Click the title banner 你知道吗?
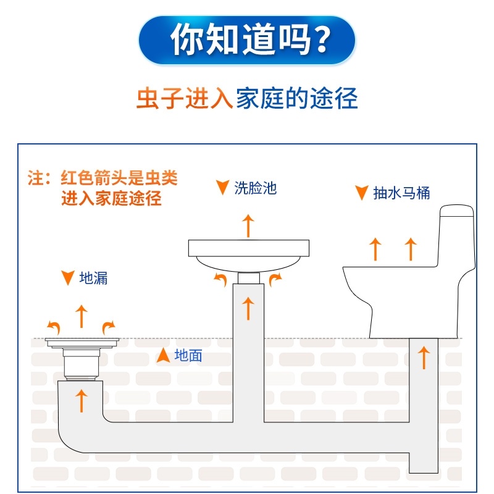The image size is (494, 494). [x=247, y=41]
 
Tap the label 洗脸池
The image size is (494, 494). [x=255, y=188]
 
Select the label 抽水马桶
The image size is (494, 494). [x=401, y=193]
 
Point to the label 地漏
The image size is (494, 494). [x=94, y=278]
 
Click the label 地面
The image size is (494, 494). [x=188, y=356]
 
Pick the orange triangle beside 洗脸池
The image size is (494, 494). [x=222, y=188]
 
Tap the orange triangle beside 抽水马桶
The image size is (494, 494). [x=361, y=193]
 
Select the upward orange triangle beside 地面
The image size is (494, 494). [x=163, y=355]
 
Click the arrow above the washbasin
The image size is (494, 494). [x=248, y=225]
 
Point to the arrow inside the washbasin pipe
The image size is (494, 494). [x=248, y=308]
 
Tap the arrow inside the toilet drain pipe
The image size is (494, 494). [x=424, y=358]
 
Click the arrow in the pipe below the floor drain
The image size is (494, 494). [x=81, y=400]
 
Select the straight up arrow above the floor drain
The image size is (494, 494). [x=81, y=316]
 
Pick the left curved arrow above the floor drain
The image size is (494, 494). [x=54, y=325]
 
